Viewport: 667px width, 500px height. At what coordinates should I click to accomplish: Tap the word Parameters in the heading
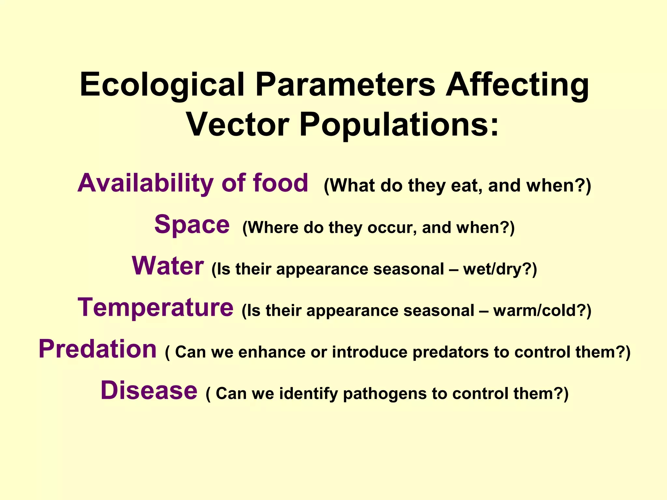click(x=345, y=85)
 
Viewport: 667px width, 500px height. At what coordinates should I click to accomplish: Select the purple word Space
click(x=192, y=225)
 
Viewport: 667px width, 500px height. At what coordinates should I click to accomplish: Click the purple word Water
click(x=168, y=266)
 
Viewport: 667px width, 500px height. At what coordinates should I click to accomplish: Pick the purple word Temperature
click(x=155, y=308)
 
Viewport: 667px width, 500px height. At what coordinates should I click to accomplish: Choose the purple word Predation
click(x=98, y=349)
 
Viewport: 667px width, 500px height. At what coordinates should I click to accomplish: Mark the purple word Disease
click(x=149, y=391)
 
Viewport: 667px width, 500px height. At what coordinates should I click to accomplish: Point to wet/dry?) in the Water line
click(x=500, y=270)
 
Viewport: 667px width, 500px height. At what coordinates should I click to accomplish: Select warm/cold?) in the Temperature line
click(x=542, y=311)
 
